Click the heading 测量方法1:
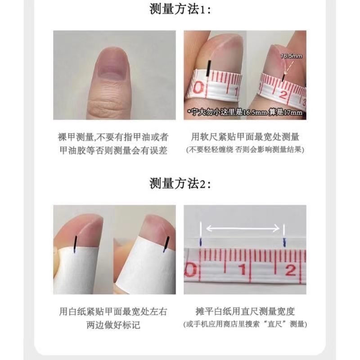180,9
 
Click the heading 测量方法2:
180,184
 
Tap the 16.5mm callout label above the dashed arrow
291,56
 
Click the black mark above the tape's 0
209,68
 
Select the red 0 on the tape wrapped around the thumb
198,88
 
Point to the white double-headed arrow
243,229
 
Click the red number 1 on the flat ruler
243,269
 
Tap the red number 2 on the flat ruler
290,270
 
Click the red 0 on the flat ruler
190,270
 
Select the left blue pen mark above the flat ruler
201,242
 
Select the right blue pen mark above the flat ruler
285,243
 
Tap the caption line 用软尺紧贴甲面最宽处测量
245,137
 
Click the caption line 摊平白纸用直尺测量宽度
245,311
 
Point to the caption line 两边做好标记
113,325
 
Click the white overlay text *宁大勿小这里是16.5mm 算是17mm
245,112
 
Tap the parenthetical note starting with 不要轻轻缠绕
245,150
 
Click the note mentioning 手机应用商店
245,324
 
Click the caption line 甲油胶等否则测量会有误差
113,151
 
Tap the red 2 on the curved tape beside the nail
283,94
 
